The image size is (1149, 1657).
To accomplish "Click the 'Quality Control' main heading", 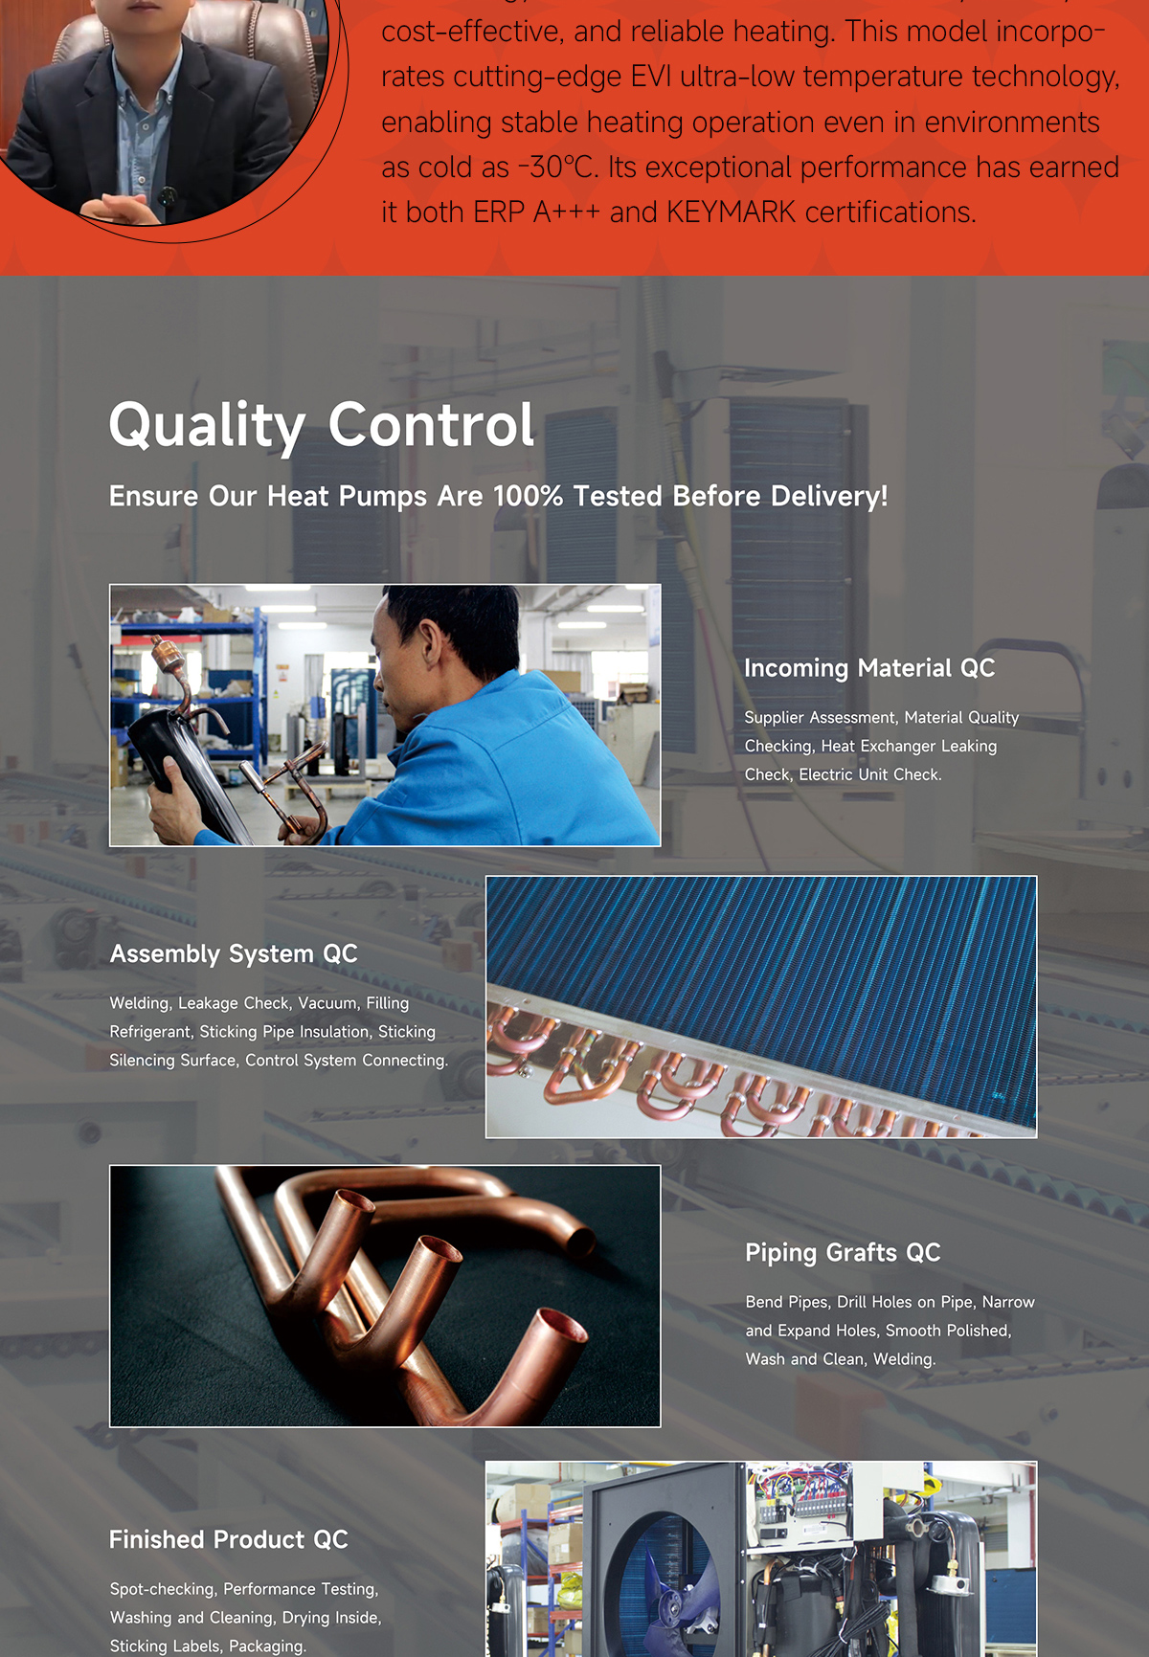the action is coord(322,425).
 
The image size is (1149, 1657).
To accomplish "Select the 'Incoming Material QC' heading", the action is coord(869,668).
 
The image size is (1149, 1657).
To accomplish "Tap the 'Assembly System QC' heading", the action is coord(234,953).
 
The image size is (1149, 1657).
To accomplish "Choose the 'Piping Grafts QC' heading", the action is coord(843,1252).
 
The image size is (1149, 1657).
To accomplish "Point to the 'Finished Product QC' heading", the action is coord(228,1539).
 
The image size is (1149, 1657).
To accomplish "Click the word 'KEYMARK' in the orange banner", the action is coord(731,212).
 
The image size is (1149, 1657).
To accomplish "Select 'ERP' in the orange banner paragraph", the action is coord(499,212).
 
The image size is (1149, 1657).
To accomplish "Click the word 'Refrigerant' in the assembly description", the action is coord(150,1032).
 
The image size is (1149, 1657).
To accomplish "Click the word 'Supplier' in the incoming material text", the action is coord(773,718).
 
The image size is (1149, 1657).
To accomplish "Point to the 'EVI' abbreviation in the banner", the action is coord(651,76).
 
